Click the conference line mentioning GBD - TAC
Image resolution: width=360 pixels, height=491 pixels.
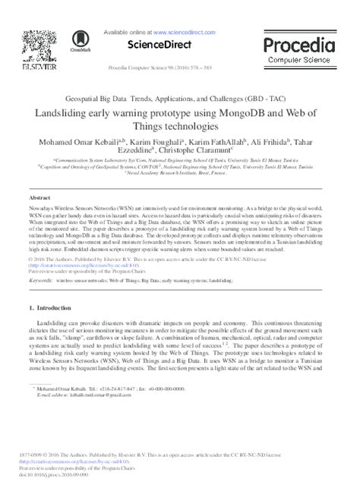[179, 98]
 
